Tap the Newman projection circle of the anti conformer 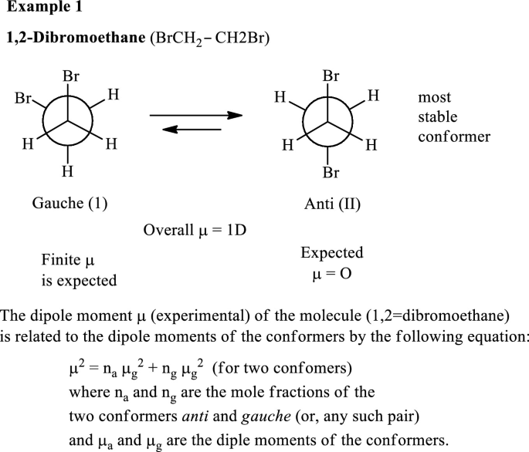pyautogui.click(x=330, y=120)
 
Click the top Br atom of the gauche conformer pyautogui.click(x=71, y=77)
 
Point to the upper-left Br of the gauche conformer pyautogui.click(x=24, y=99)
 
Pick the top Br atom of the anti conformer pyautogui.click(x=331, y=76)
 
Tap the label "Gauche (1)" pyautogui.click(x=70, y=204)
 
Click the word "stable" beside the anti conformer pyautogui.click(x=438, y=118)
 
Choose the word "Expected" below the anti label pyautogui.click(x=332, y=253)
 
